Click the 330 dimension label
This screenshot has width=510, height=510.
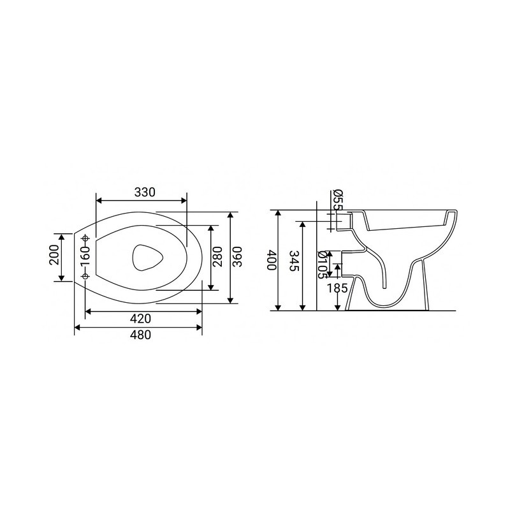click(145, 193)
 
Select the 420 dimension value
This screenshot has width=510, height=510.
click(140, 318)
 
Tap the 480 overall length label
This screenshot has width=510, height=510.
click(140, 335)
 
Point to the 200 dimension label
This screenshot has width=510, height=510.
click(54, 254)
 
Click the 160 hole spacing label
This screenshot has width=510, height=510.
click(85, 256)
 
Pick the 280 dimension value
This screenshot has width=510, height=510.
click(217, 257)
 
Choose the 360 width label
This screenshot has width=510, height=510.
click(237, 257)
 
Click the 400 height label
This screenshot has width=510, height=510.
click(272, 260)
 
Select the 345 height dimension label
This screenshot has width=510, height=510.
click(294, 261)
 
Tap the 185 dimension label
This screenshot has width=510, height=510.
click(337, 288)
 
